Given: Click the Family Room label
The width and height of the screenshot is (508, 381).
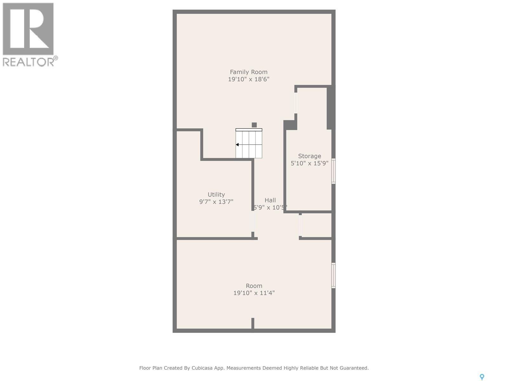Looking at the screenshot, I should click(x=249, y=72).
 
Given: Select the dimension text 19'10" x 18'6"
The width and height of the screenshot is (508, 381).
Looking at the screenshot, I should click(x=249, y=79).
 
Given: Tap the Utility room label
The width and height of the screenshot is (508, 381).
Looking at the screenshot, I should click(x=216, y=195).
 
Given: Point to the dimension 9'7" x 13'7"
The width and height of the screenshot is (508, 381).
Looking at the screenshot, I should click(x=216, y=202).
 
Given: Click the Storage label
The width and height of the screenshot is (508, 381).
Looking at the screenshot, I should click(x=310, y=156).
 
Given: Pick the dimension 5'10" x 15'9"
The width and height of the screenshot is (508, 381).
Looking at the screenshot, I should click(x=310, y=164).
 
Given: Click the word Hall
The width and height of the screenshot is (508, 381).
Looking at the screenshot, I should click(x=270, y=200).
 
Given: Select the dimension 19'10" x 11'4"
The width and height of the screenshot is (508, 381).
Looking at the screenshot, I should click(x=254, y=293).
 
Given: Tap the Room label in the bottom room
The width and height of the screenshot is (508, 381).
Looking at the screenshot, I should click(x=254, y=286).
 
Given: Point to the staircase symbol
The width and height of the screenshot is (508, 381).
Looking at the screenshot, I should click(x=249, y=144).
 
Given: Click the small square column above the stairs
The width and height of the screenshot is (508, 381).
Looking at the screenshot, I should click(x=254, y=125).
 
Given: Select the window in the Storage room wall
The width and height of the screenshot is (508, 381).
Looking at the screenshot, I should click(x=333, y=171).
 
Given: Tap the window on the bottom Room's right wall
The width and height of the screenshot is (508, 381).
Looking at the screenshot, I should click(x=333, y=275).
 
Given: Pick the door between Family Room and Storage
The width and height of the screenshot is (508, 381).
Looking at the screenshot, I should click(x=296, y=103).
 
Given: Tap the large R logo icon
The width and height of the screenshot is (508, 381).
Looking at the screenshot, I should click(x=28, y=29).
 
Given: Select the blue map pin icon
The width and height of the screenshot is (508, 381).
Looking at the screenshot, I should click(x=482, y=377).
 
